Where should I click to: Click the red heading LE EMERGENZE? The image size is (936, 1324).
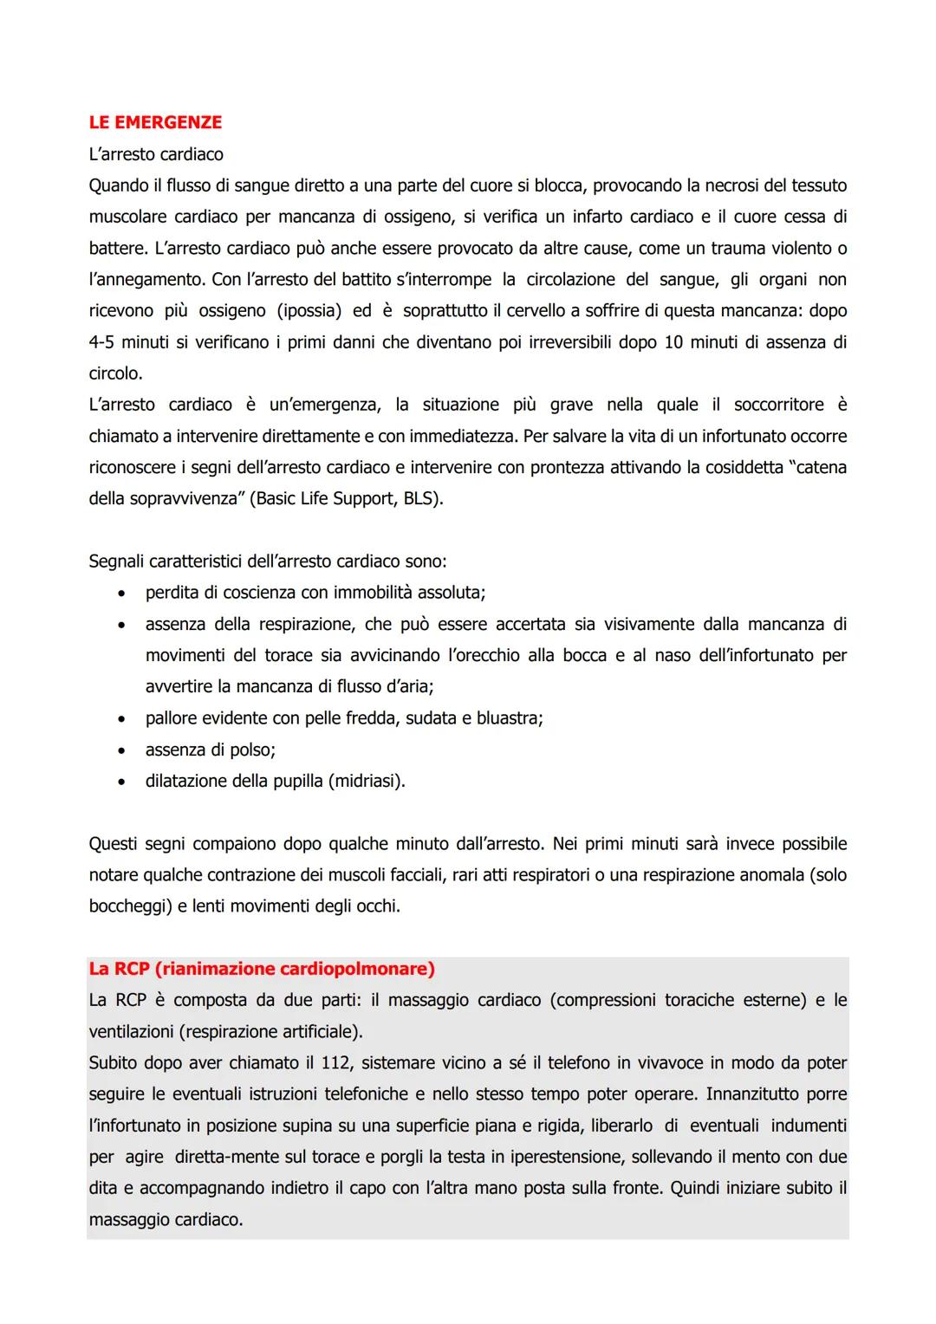155,122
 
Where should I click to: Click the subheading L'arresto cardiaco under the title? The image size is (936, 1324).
156,154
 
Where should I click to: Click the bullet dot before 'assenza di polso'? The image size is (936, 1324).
126,750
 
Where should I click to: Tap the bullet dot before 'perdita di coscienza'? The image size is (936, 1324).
126,594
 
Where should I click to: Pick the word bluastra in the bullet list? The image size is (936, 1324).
507,718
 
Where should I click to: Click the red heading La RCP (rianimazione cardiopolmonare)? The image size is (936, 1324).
262,969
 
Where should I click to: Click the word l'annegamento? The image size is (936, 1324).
146,280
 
